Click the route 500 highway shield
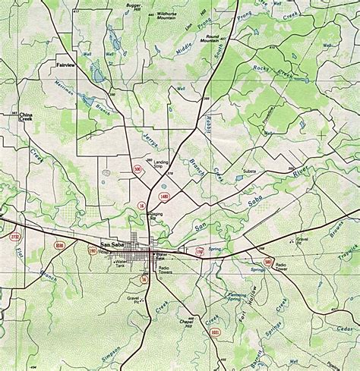point(137,169)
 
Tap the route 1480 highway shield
point(165,196)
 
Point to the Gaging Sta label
point(156,216)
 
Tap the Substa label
point(249,172)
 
